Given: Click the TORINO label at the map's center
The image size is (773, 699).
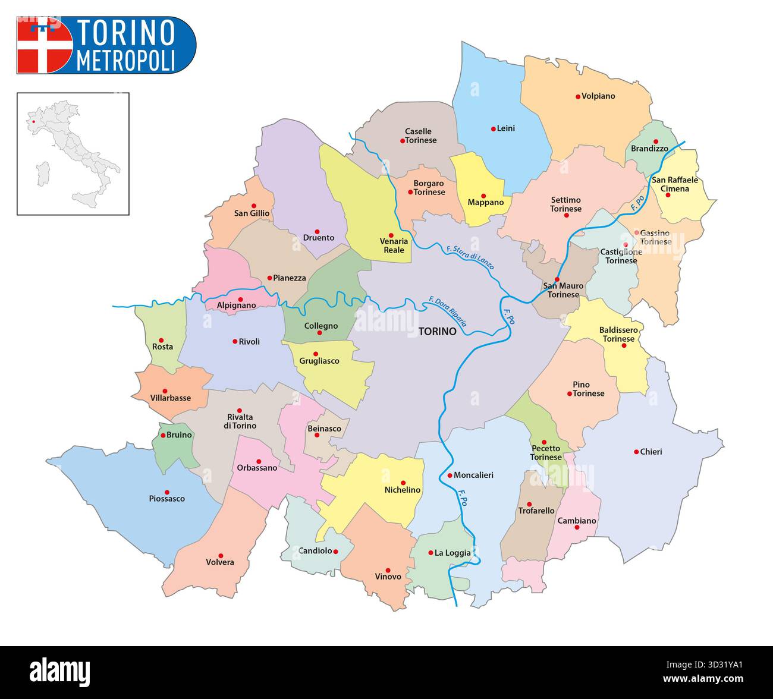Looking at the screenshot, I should tap(437, 332).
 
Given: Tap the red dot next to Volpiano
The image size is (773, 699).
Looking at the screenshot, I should tap(577, 96).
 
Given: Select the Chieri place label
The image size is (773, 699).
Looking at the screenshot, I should tap(651, 452).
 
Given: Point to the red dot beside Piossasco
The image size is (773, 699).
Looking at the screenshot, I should tap(167, 492).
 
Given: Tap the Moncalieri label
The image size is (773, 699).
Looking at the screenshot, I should tap(473, 476).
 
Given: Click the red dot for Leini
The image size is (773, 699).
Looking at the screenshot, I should tap(493, 128).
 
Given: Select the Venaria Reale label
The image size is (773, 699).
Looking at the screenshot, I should tap(394, 245).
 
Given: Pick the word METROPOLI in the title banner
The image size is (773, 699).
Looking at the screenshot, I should tap(126, 61).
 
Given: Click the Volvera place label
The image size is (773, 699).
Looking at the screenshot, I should tap(220, 562).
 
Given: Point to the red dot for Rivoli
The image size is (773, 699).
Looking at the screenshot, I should tap(234, 342).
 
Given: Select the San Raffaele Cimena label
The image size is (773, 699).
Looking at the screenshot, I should tap(675, 184).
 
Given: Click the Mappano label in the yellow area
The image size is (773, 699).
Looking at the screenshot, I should tap(485, 203).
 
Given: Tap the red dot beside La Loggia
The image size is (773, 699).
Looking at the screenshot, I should tap(431, 553).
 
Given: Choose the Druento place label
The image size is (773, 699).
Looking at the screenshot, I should tap(319, 238).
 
